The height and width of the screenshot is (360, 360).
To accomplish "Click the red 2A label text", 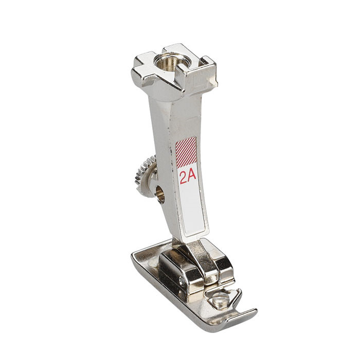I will pos(188,177).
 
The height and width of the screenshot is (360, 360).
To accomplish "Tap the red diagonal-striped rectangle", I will pos(186,153).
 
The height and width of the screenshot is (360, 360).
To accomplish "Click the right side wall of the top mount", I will pos(208,77).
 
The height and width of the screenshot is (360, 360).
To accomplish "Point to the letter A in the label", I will pos(192,177).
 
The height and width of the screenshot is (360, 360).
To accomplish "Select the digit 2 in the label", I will pos(183,177).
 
